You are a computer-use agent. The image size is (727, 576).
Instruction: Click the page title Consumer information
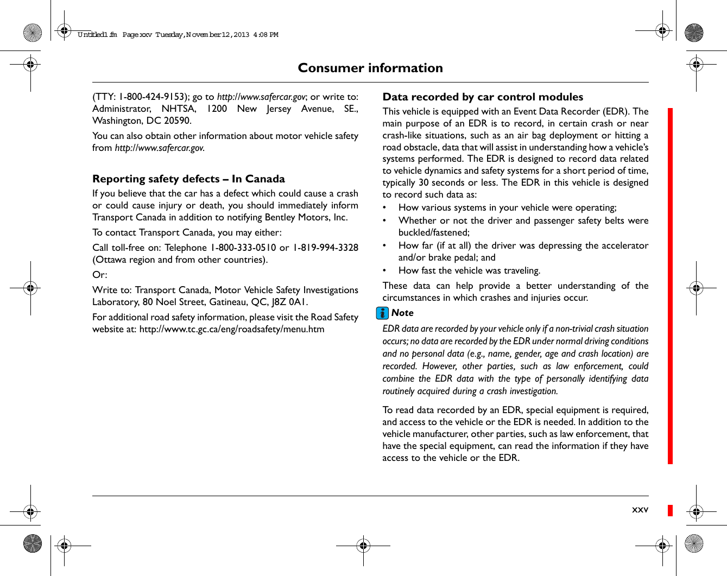coord(370,68)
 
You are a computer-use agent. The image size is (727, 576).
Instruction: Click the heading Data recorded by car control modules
coord(483,97)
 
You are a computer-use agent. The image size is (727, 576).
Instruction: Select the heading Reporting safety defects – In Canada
coord(188,179)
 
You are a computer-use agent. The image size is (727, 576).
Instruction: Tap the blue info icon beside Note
coord(383,313)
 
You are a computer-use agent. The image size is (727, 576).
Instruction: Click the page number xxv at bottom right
coord(640,510)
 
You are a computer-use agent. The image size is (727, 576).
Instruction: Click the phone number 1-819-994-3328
coord(325,248)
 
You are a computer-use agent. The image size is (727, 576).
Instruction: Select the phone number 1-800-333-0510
coord(243,248)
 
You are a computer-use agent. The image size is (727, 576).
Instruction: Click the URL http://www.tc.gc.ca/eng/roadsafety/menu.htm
coord(232,329)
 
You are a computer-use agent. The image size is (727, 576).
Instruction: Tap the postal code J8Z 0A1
coord(289,302)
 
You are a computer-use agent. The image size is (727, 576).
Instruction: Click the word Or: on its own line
coord(100,275)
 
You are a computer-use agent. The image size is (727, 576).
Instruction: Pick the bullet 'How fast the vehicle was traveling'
coord(469,270)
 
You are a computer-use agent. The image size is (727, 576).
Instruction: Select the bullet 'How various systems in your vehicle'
coord(507,207)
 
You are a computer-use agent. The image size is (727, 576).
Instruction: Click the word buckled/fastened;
coord(434,232)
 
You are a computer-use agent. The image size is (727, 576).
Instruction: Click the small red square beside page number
coord(670,510)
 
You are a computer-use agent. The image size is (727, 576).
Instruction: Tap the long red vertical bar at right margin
coord(670,286)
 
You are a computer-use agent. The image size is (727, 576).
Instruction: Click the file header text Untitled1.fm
coord(97,35)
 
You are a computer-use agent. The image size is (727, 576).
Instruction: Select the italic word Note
coord(402,313)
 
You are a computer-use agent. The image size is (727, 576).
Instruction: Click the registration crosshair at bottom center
coord(363,546)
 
